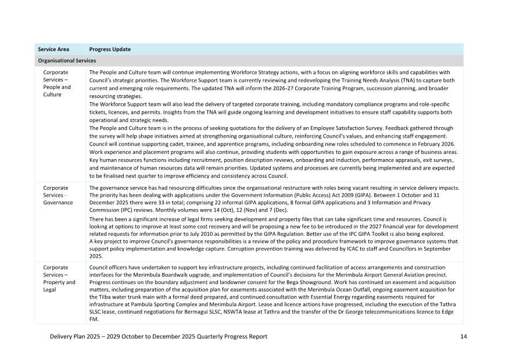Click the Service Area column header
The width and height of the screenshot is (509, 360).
tap(53, 49)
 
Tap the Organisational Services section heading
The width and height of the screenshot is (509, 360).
tap(67, 60)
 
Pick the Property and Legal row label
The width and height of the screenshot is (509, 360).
tap(59, 282)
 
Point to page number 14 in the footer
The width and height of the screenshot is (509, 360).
tap(463, 336)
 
